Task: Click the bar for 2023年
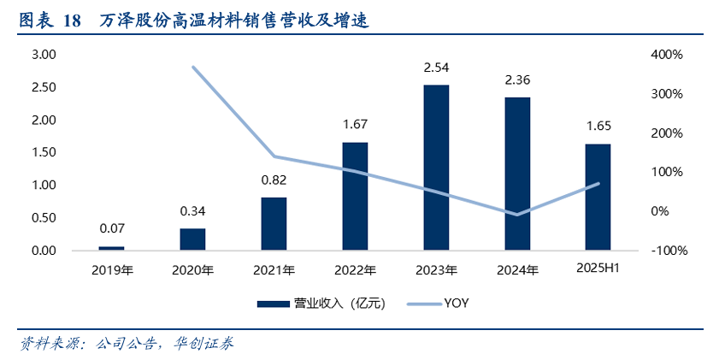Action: click(436, 168)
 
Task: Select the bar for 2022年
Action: click(355, 196)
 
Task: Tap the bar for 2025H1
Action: click(598, 197)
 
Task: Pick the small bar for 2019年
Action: click(111, 248)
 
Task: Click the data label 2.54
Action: click(436, 68)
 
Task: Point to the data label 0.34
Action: click(192, 210)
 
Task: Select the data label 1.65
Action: click(598, 127)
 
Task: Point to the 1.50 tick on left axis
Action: click(44, 152)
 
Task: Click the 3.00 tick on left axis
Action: click(44, 55)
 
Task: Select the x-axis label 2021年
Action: click(274, 270)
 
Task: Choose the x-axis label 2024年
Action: click(517, 270)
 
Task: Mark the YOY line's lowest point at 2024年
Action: click(516, 215)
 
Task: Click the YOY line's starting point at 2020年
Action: click(193, 67)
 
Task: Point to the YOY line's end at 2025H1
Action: click(598, 183)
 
